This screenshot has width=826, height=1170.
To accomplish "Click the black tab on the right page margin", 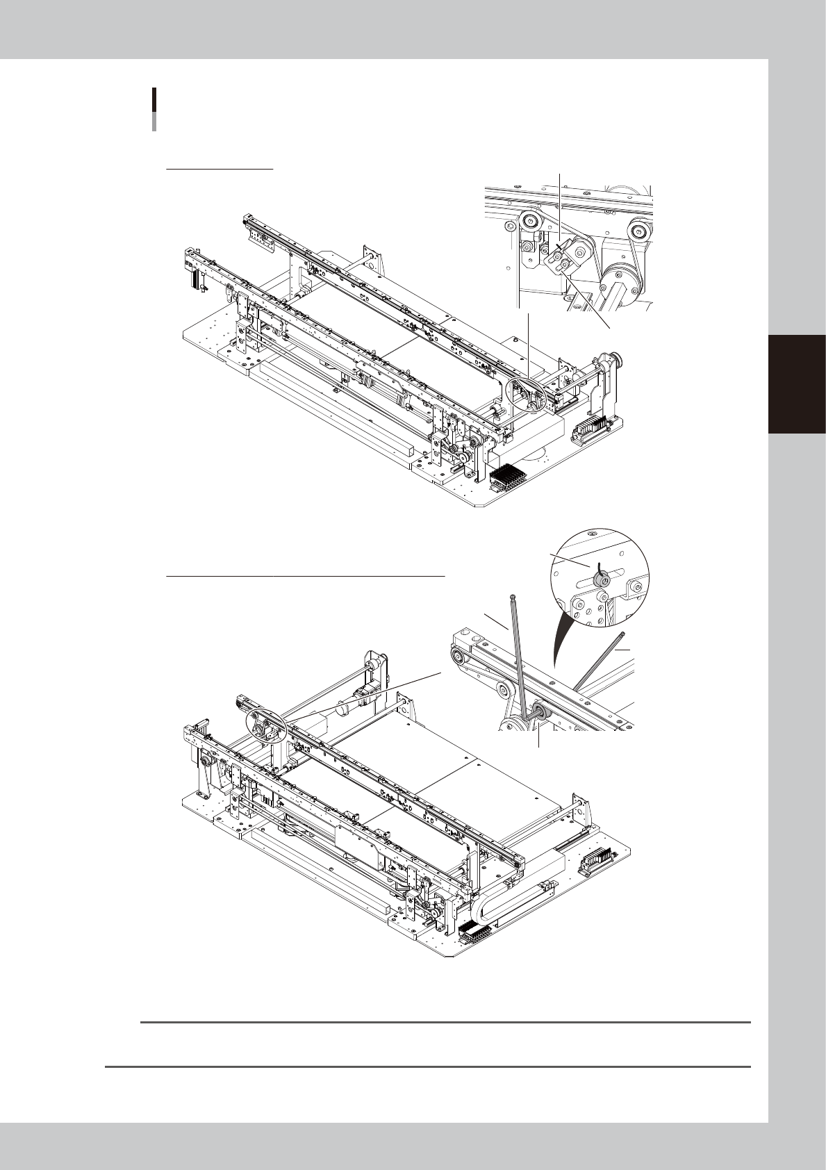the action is pyautogui.click(x=797, y=384).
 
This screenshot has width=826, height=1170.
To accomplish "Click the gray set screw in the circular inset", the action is pyautogui.click(x=599, y=574).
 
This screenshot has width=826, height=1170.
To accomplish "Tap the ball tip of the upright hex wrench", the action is pyautogui.click(x=513, y=596).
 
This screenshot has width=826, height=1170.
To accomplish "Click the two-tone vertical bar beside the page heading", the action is pyautogui.click(x=154, y=109).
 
